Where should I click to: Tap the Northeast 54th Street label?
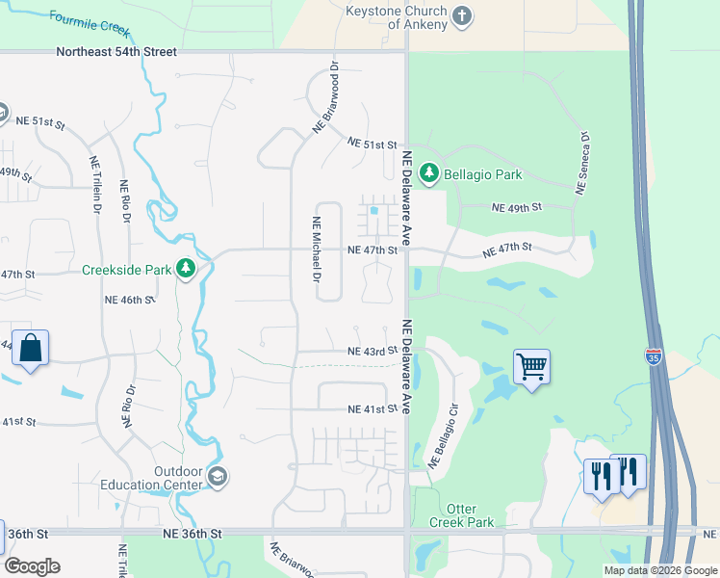click(x=116, y=51)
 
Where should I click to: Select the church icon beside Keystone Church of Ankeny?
click(x=463, y=15)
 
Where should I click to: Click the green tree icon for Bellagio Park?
click(x=428, y=174)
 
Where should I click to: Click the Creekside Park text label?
click(x=126, y=271)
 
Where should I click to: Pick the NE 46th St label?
click(x=129, y=301)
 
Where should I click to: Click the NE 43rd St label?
click(x=373, y=351)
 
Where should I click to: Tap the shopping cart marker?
click(x=531, y=367)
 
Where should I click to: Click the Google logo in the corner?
click(x=33, y=565)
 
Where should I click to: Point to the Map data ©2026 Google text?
click(x=660, y=570)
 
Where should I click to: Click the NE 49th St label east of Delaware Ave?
click(x=517, y=207)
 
